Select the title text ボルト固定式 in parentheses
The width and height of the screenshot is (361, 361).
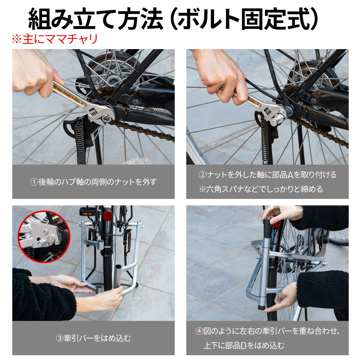244,19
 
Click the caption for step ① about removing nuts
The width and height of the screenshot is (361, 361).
93,182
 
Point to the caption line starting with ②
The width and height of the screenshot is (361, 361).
267,175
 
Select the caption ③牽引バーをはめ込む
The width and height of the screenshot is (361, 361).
93,338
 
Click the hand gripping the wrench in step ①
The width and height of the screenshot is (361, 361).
36,72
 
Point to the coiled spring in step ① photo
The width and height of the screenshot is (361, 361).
80,141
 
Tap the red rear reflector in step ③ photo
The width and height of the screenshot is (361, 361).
107,216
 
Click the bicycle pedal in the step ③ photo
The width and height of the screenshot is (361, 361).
86,210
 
